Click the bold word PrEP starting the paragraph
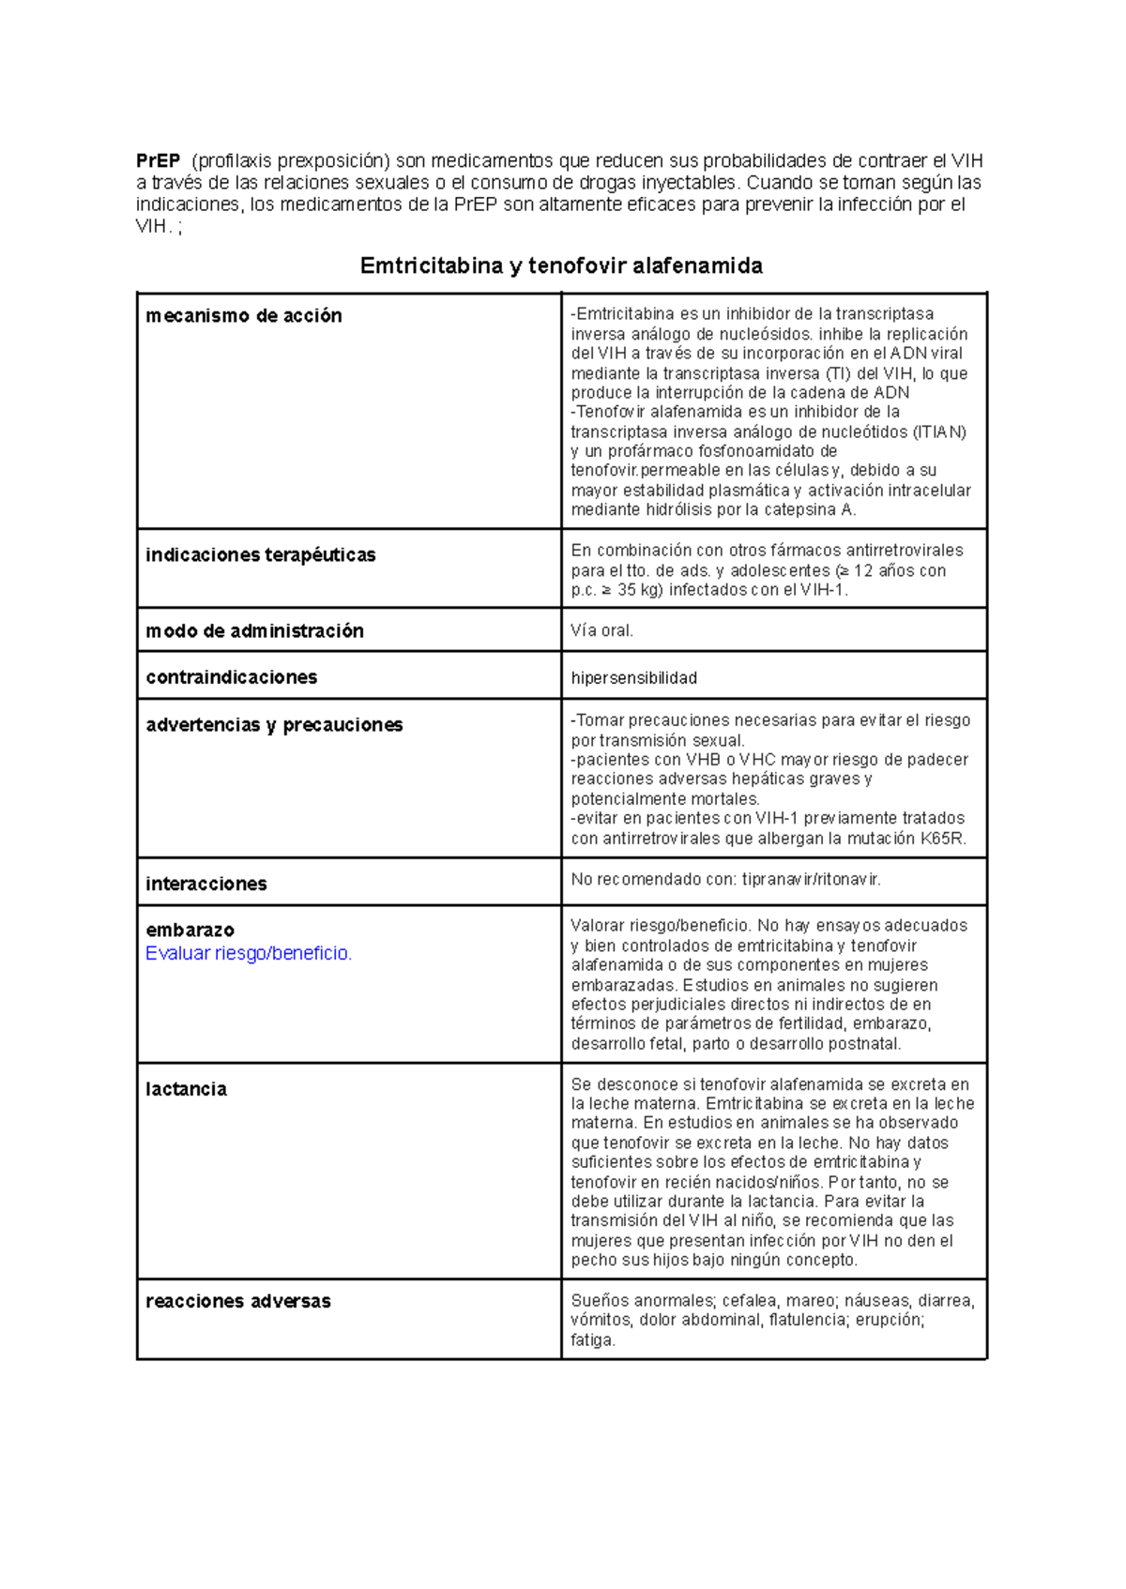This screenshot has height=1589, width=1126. tap(158, 160)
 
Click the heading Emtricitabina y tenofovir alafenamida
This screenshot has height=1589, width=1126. tap(561, 266)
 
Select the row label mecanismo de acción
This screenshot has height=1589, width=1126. tap(244, 316)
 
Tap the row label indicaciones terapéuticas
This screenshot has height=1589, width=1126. tap(260, 555)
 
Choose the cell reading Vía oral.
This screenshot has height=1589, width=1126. tap(601, 631)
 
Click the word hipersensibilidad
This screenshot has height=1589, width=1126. tap(633, 678)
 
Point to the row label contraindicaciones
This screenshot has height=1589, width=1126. tap(231, 677)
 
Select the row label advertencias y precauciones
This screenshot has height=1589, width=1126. tap(274, 725)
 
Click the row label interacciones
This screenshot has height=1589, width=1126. tap(205, 884)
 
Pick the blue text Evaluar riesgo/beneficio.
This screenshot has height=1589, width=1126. tap(249, 954)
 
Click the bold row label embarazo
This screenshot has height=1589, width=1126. tap(190, 931)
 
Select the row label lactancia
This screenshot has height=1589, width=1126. tap(186, 1089)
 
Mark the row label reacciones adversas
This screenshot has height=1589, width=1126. tap(237, 1302)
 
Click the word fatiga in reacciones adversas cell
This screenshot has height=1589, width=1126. tap(592, 1340)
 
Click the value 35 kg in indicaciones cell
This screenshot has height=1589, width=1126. tap(637, 590)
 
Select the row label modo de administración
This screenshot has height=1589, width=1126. tap(254, 631)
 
